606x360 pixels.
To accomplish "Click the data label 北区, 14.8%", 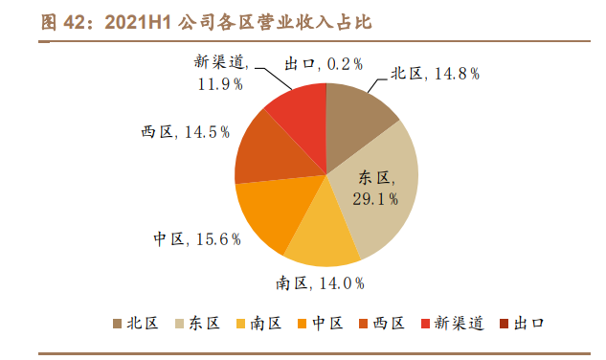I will pos(434,74).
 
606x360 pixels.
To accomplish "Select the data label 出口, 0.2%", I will pos(325,64).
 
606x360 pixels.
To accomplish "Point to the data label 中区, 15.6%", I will pos(196,239).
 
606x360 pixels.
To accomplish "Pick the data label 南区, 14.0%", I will pos(321,283).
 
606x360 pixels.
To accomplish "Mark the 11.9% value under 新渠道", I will pos(220,84).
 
